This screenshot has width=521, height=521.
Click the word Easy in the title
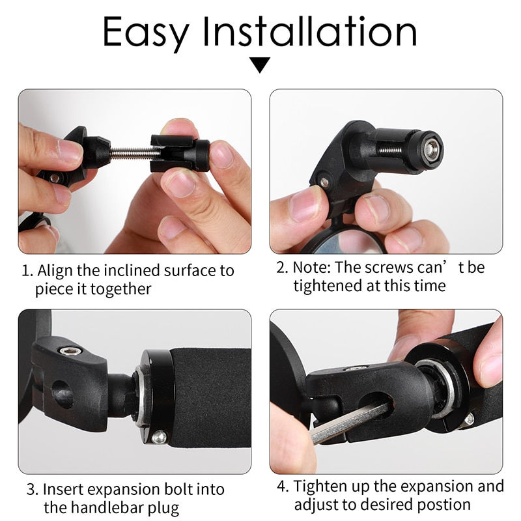[147, 32]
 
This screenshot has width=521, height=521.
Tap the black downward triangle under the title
[260, 64]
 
